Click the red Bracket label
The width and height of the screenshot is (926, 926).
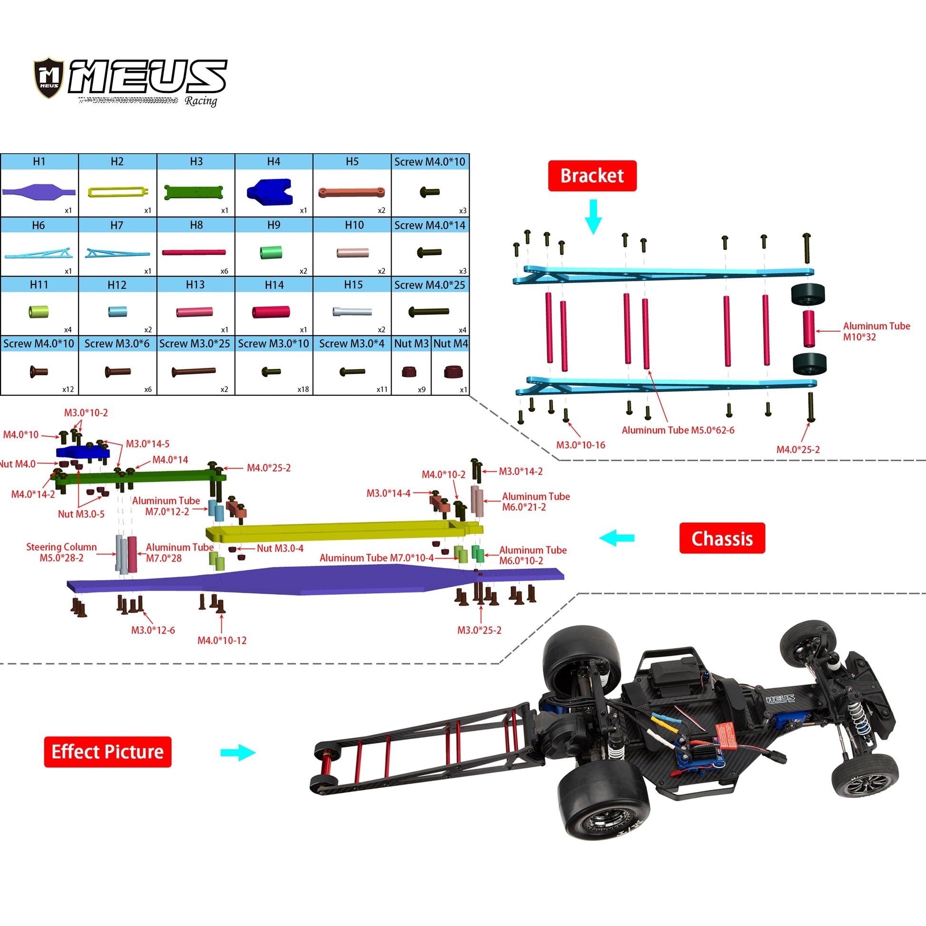tap(592, 176)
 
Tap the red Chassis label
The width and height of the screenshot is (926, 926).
tap(722, 538)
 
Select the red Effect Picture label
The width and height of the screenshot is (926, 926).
tap(108, 751)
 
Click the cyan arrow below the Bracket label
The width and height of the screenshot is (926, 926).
tap(593, 217)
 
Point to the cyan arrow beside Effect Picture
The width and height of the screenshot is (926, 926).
tap(238, 752)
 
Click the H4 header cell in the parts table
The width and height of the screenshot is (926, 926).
tap(274, 161)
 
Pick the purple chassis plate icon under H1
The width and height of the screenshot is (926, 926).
tap(39, 192)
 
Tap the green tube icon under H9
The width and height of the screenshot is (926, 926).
tap(271, 252)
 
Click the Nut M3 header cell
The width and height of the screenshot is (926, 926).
tap(411, 344)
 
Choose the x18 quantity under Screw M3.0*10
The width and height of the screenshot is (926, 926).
tap(303, 389)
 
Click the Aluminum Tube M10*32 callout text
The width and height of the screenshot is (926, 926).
tap(876, 331)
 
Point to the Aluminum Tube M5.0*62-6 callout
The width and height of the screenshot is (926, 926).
tap(678, 430)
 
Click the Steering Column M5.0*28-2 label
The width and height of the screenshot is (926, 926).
tap(61, 552)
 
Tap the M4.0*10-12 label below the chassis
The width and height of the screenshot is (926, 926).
tap(222, 640)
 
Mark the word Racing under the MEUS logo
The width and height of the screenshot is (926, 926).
tap(201, 101)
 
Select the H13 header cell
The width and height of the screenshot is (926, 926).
tap(195, 285)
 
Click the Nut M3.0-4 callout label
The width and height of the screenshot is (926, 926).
tap(280, 548)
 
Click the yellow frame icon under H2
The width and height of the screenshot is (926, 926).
tap(118, 192)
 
